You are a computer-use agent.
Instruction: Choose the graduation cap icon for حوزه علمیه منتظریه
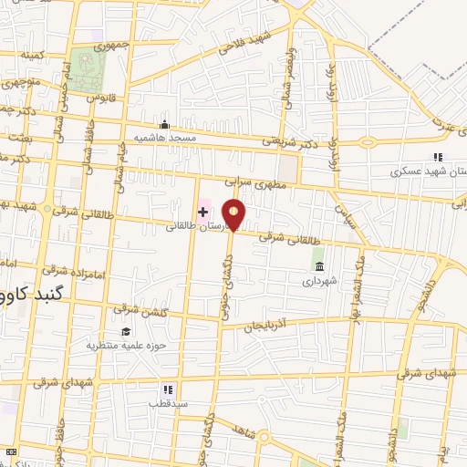pos(125,331)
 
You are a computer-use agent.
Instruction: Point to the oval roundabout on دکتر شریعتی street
pos(370,141)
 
